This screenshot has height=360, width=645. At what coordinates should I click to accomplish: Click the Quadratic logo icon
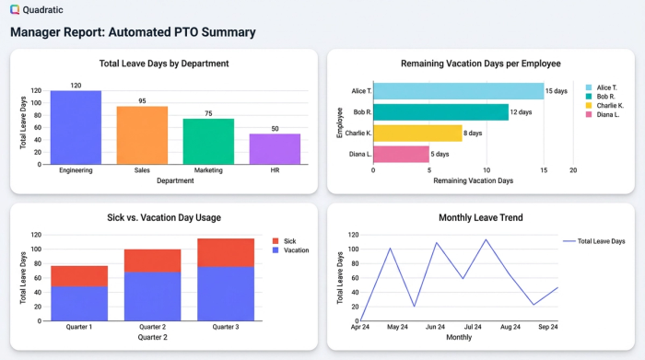[x=15, y=9]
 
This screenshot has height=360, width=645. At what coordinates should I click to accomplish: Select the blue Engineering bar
[x=76, y=128]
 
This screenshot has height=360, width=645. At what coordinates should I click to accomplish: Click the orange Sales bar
[x=142, y=135]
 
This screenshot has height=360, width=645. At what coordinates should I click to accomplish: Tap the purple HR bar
[x=275, y=149]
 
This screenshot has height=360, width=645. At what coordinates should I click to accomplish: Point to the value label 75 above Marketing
[x=208, y=113]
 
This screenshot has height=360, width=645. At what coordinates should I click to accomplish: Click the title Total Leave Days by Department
[x=164, y=64]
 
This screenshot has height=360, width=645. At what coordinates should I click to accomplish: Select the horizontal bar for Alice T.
[x=458, y=91]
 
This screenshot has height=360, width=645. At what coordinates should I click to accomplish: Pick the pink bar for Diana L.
[x=401, y=155]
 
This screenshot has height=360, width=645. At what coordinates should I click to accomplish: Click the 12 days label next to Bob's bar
[x=522, y=112]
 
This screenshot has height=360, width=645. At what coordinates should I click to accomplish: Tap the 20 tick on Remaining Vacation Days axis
[x=573, y=170]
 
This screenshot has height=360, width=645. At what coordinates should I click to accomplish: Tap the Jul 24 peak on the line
[x=486, y=239]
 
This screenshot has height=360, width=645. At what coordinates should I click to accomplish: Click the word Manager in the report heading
[x=41, y=32]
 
